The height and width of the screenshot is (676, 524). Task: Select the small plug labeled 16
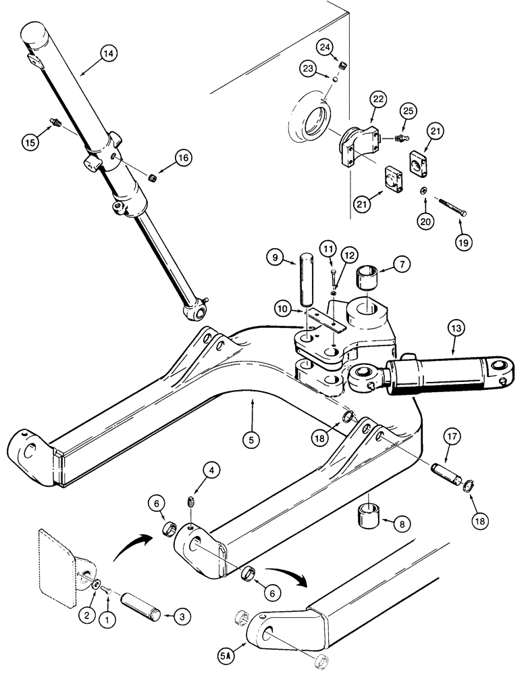[x=153, y=178]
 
